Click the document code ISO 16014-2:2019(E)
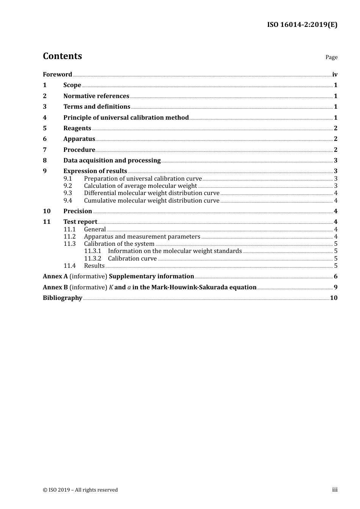pos(302,25)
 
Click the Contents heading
pos(62,56)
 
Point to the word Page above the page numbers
pos(331,57)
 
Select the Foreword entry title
pos(57,75)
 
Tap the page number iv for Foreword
pos(335,75)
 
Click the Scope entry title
pos(72,85)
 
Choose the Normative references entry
pos(96,96)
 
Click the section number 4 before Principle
pos(45,118)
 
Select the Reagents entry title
pos(77,128)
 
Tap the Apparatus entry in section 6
pos(79,139)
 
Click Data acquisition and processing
pos(112,161)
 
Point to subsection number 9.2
pos(68,186)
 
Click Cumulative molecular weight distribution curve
pos(152,201)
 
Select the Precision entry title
pos(78,211)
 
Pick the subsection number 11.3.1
pos(92,251)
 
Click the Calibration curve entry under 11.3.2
pos(132,259)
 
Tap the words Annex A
pos(55,276)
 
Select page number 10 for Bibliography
pos(333,298)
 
